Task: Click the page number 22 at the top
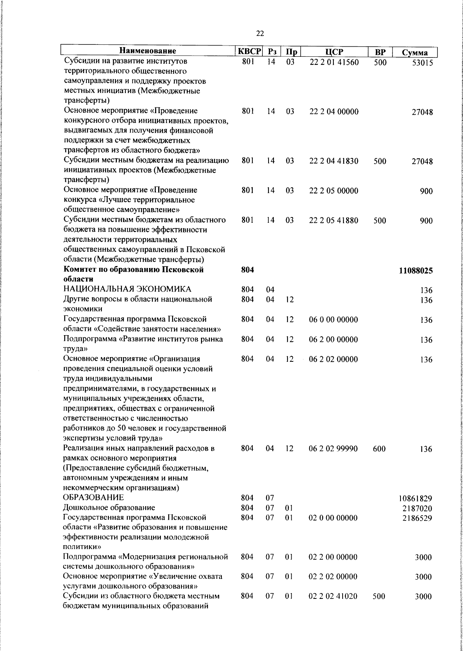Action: pyautogui.click(x=260, y=34)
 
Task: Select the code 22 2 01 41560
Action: pyautogui.click(x=334, y=62)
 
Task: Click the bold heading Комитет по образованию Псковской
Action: pyautogui.click(x=133, y=270)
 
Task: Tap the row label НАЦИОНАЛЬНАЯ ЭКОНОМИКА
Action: pyautogui.click(x=127, y=290)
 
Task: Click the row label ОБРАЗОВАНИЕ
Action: pyautogui.click(x=94, y=498)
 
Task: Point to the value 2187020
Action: pyautogui.click(x=417, y=509)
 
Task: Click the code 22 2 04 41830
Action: pyautogui.click(x=334, y=161)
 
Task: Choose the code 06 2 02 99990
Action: pyautogui.click(x=333, y=449)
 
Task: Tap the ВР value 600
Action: pyautogui.click(x=379, y=449)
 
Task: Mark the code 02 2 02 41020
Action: pyautogui.click(x=333, y=597)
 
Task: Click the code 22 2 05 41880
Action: pyautogui.click(x=334, y=220)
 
